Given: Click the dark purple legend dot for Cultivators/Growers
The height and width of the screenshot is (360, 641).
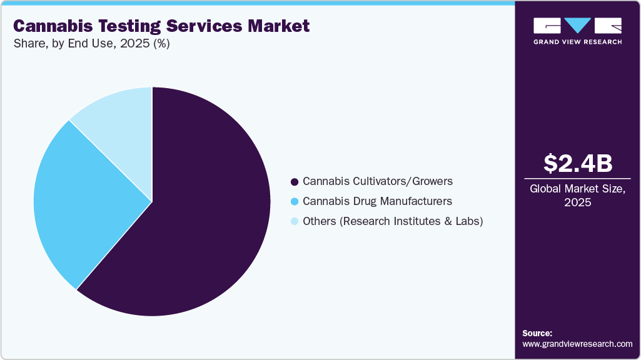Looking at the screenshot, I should [x=294, y=182].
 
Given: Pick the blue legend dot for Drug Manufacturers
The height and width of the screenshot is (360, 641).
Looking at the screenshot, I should [x=294, y=202].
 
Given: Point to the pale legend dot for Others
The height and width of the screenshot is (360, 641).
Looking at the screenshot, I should [x=294, y=221].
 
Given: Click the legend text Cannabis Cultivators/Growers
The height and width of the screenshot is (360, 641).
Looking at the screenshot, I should [x=377, y=181].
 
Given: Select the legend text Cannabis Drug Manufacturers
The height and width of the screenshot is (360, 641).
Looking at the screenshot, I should [x=377, y=201].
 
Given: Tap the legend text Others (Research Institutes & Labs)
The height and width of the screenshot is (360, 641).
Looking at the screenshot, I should [x=393, y=221].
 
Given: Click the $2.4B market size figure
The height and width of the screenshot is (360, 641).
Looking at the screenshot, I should [x=577, y=163].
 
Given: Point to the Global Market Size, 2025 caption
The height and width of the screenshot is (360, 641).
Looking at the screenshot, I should [x=577, y=196].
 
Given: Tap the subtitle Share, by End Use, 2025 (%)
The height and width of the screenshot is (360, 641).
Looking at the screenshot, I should [x=91, y=44].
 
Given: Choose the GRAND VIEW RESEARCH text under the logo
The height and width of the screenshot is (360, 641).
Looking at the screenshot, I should [x=577, y=42].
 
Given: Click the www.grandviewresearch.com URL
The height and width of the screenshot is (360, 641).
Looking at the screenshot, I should [x=577, y=344].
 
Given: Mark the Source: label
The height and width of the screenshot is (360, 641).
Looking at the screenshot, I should [x=537, y=333].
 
